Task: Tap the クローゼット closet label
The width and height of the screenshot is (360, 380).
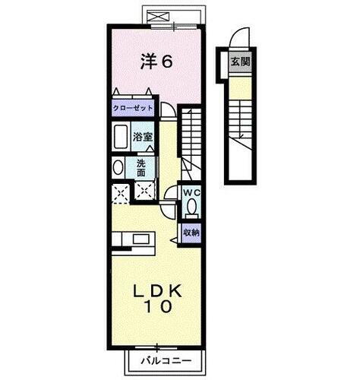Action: coord(133,108)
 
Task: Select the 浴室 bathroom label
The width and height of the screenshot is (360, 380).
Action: coord(142,138)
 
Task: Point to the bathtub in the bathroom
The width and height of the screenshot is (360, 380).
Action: coord(121,139)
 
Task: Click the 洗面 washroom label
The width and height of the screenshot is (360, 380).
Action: coord(142,167)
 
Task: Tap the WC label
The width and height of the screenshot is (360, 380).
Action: coord(191,192)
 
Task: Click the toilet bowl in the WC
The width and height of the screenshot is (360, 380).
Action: coord(191,206)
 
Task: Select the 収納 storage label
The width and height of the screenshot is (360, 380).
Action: coord(191,233)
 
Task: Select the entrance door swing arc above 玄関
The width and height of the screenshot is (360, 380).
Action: coord(239,38)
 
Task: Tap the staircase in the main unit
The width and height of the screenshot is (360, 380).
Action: coord(191,137)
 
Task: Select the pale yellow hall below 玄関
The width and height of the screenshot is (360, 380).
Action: coord(240,89)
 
